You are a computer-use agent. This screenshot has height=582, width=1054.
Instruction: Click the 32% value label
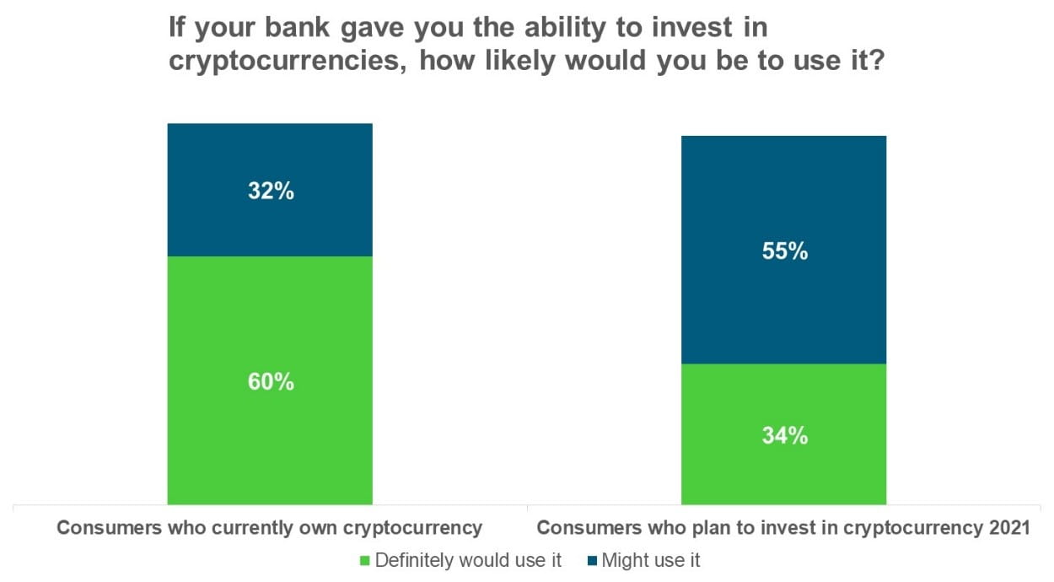pyautogui.click(x=271, y=191)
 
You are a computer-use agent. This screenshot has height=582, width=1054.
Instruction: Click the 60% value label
pyautogui.click(x=271, y=381)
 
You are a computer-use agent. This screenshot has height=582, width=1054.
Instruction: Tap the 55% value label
pyautogui.click(x=785, y=251)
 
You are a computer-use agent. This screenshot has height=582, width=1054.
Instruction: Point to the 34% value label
pyautogui.click(x=785, y=435)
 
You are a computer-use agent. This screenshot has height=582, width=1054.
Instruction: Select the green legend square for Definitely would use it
pyautogui.click(x=364, y=561)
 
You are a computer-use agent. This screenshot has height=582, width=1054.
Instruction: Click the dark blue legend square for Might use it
pyautogui.click(x=593, y=561)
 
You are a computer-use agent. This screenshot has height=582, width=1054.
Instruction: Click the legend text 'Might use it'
pyautogui.click(x=651, y=560)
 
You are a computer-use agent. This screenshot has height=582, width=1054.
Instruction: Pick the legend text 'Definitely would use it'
pyautogui.click(x=468, y=560)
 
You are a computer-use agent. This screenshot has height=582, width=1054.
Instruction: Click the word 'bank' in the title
pyautogui.click(x=297, y=27)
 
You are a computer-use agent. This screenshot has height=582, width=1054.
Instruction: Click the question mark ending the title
pyautogui.click(x=877, y=60)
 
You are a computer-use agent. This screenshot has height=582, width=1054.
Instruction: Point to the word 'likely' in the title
pyautogui.click(x=519, y=62)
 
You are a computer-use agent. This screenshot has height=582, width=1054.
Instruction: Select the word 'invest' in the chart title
pyautogui.click(x=691, y=27)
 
